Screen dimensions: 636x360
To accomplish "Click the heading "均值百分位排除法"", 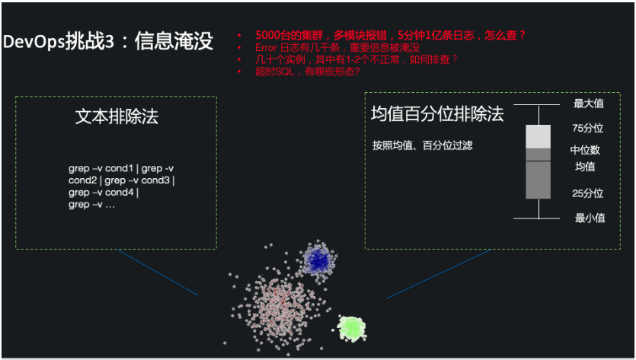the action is click(x=437, y=114).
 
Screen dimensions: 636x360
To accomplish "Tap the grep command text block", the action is click(x=122, y=186).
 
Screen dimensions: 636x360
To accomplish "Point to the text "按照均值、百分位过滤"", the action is click(x=423, y=145).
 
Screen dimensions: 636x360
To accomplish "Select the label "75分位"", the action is click(x=587, y=129).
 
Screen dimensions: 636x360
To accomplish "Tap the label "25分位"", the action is click(x=587, y=193).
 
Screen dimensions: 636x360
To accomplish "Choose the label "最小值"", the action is click(x=590, y=218).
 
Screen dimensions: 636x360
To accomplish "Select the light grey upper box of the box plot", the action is click(x=538, y=136).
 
